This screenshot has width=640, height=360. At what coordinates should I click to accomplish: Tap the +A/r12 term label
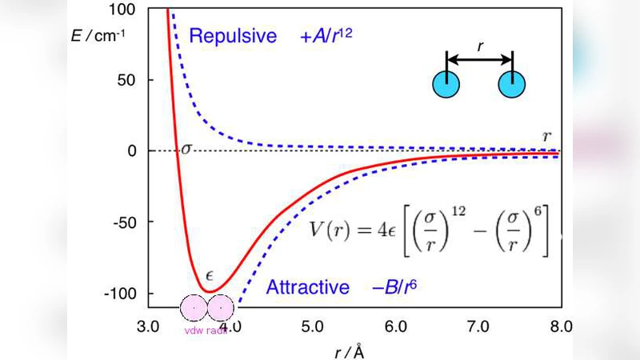pyautogui.click(x=326, y=37)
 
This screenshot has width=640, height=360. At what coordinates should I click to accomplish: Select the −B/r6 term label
pyautogui.click(x=402, y=287)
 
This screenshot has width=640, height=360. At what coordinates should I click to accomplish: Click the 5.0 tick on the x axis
pyautogui.click(x=312, y=326)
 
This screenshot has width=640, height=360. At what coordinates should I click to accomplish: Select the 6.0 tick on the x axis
pyautogui.click(x=394, y=326)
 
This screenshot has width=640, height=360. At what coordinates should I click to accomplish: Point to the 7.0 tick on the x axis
pyautogui.click(x=478, y=326)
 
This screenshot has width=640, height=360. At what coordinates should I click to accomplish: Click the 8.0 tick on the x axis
pyautogui.click(x=561, y=326)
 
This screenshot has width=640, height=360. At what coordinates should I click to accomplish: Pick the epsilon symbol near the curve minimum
pyautogui.click(x=210, y=274)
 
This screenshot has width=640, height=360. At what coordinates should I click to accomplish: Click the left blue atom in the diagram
pyautogui.click(x=446, y=84)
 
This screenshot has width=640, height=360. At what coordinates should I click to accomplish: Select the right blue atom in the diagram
pyautogui.click(x=512, y=84)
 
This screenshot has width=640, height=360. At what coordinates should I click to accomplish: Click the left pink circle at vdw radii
pyautogui.click(x=194, y=309)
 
